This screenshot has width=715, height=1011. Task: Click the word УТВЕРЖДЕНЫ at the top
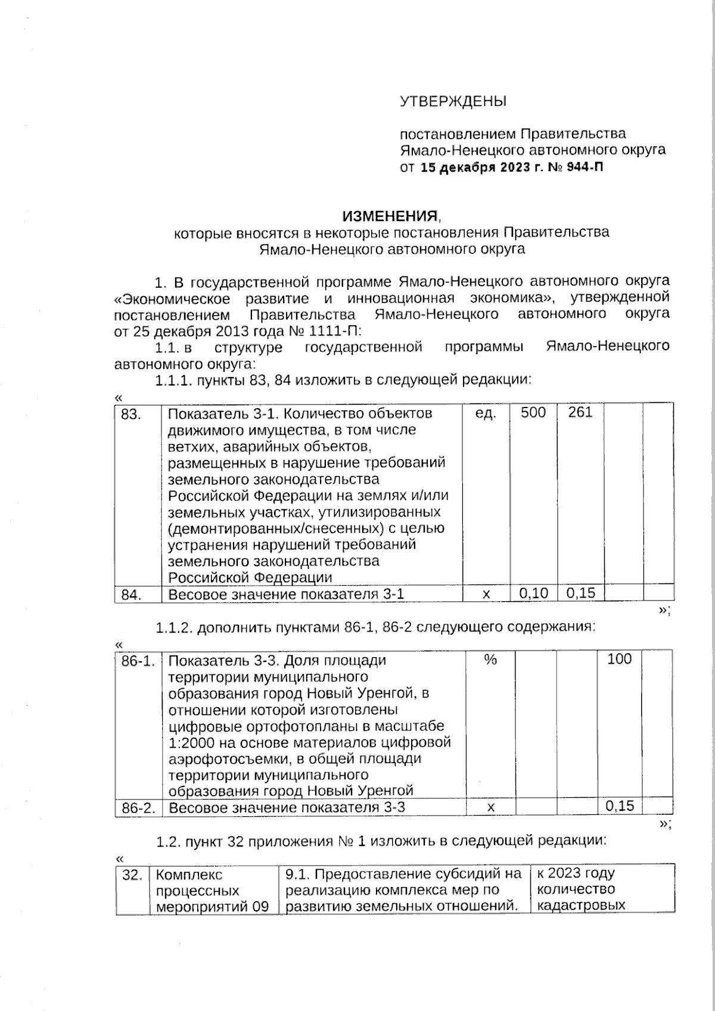point(453,101)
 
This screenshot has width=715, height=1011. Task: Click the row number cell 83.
point(131,413)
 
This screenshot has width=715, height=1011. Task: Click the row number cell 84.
point(131,595)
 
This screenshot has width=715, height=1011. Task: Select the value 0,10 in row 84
point(533,593)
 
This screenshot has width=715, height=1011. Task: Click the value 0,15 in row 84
point(580,593)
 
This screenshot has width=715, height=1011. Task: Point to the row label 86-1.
point(138,661)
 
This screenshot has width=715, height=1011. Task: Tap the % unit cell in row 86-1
point(490,660)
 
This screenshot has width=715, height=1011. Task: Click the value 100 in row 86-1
point(619,659)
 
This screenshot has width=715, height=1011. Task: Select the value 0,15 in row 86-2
point(620,807)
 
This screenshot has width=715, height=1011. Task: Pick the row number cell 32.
point(132,875)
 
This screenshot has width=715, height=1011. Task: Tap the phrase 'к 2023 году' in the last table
point(575,873)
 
